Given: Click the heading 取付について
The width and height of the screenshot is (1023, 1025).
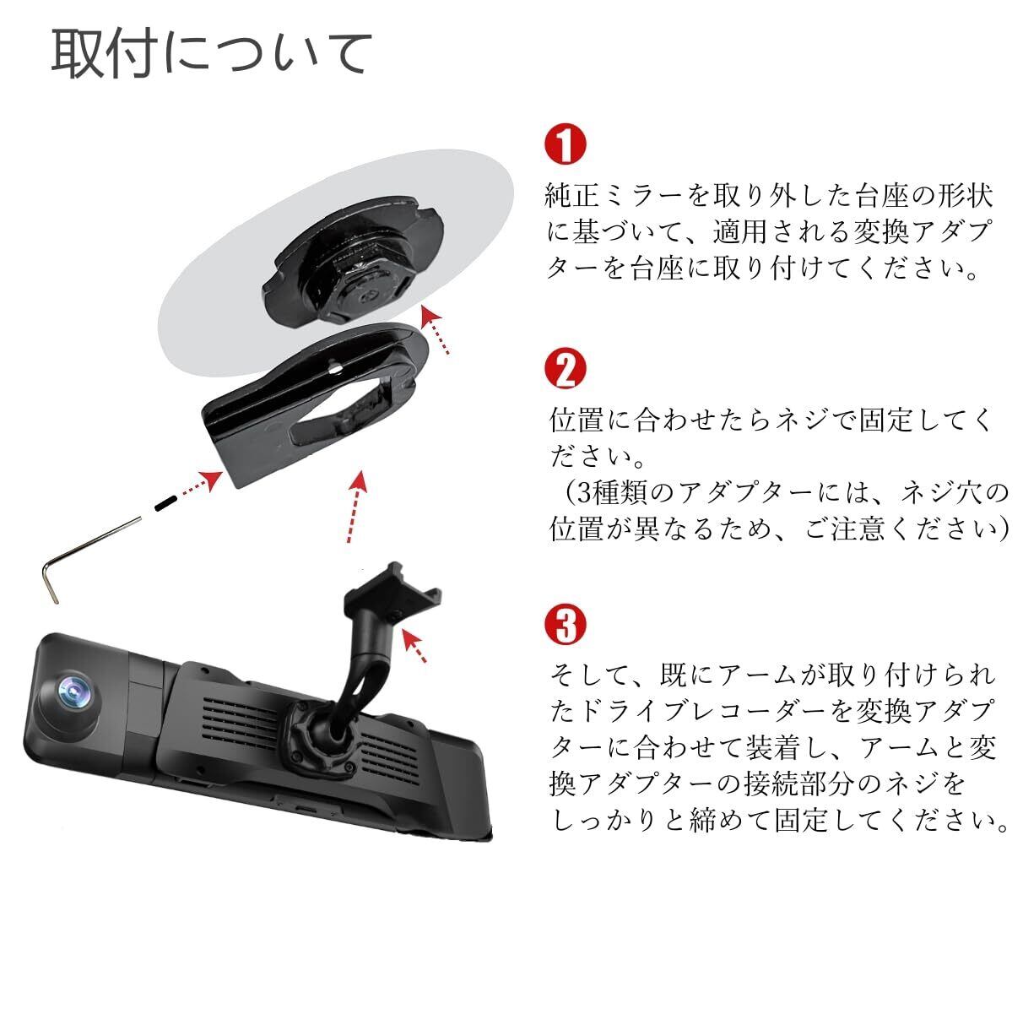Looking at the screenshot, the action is coord(212,53).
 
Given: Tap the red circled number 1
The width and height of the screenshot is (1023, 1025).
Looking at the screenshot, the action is coord(566,145).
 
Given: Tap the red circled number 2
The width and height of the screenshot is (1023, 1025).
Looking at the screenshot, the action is coord(566,369).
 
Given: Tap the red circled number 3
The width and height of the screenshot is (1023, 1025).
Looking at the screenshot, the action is coord(566,626).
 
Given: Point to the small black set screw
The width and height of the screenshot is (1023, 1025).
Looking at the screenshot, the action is coord(165,504).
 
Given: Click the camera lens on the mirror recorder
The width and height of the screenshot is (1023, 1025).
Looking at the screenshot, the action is coord(73,693).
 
